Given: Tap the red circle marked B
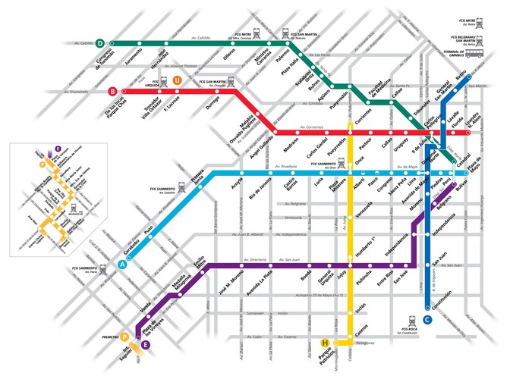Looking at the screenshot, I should [x=112, y=92].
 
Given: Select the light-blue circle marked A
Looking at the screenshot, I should [x=122, y=264].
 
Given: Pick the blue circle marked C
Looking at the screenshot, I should [x=428, y=320].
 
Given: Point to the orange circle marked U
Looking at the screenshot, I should [x=177, y=80].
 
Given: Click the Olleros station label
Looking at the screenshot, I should [x=229, y=58].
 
